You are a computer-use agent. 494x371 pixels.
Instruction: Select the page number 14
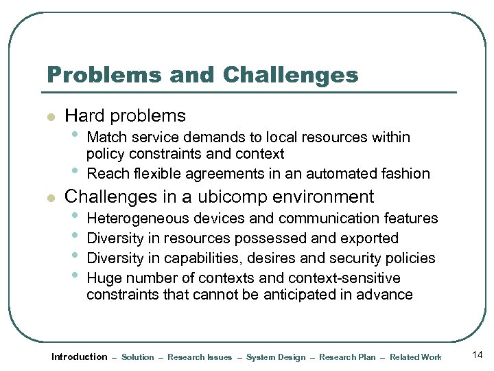[x=478, y=355]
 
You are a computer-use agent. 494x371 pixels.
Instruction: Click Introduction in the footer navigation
[x=80, y=357]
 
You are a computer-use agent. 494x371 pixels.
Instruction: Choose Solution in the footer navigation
[x=138, y=357]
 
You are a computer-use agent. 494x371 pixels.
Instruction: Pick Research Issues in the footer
[x=200, y=357]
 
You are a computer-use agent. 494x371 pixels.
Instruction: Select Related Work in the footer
[x=415, y=357]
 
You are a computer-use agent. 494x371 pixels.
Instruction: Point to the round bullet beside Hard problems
[x=49, y=117]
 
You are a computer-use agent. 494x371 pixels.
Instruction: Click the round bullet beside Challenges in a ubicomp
[x=49, y=199]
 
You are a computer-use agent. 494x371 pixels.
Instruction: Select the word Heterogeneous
[x=137, y=218]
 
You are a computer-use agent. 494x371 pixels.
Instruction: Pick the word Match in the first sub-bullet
[x=107, y=137]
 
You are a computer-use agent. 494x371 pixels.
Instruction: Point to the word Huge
[x=103, y=278]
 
